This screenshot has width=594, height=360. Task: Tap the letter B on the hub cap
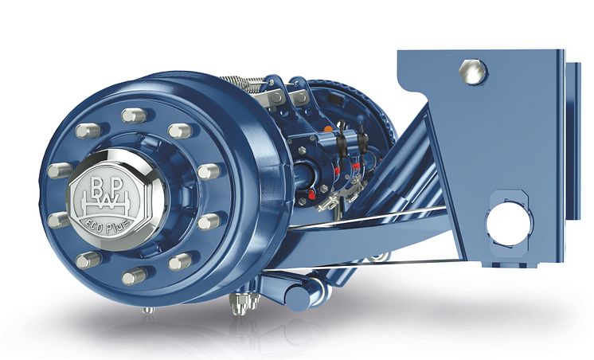[97, 186]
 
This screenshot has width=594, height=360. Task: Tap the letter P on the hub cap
[117, 186]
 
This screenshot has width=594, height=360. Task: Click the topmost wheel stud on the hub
[133, 115]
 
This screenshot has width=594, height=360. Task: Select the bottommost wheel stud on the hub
[134, 276]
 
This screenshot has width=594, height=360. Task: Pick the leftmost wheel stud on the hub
[59, 170]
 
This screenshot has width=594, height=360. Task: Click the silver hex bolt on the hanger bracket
[472, 71]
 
